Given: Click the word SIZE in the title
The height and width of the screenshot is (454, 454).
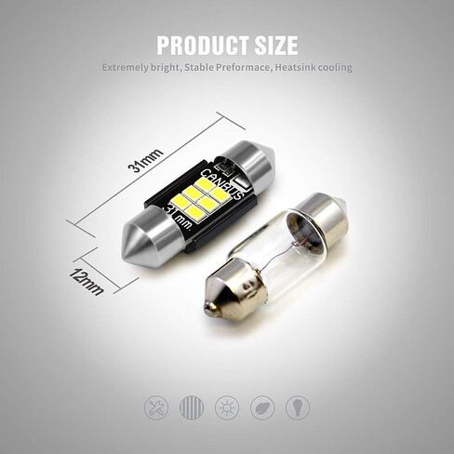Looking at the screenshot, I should (x=274, y=45).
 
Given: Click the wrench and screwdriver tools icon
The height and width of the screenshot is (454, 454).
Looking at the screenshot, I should (x=155, y=407).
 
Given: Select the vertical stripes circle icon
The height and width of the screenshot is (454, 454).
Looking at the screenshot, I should (x=191, y=407).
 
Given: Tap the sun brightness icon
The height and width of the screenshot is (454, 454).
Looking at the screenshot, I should (x=226, y=407).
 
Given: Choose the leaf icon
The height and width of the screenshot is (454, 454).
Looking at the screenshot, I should (x=261, y=407).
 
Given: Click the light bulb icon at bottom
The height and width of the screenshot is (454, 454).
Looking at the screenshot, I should (x=297, y=407).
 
